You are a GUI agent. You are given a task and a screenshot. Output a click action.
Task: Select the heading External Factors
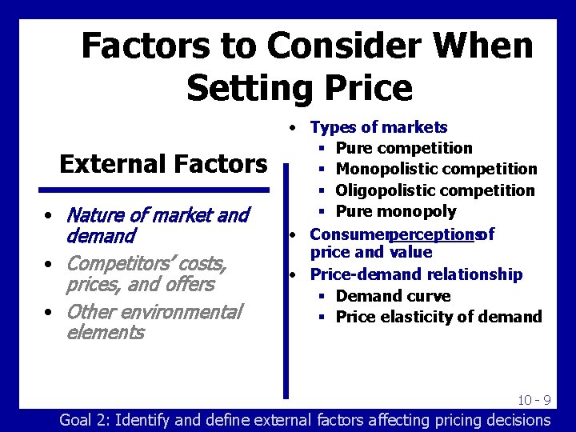click(163, 164)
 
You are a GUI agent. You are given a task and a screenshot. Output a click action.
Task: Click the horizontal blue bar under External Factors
click(154, 190)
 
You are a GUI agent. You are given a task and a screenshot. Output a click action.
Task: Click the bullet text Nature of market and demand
click(158, 225)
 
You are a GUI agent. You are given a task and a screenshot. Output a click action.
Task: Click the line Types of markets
click(378, 127)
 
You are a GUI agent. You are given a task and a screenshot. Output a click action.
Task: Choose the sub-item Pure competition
click(404, 148)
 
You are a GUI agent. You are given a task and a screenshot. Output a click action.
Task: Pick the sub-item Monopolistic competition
click(436, 169)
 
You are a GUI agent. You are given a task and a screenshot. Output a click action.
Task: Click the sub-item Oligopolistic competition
click(434, 190)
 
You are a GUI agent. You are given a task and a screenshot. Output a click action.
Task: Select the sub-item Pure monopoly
click(396, 211)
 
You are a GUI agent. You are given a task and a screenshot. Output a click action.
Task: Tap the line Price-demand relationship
click(416, 274)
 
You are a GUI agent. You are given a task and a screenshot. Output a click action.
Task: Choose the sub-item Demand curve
click(393, 296)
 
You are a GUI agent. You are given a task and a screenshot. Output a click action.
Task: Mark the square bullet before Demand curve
click(320, 297)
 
